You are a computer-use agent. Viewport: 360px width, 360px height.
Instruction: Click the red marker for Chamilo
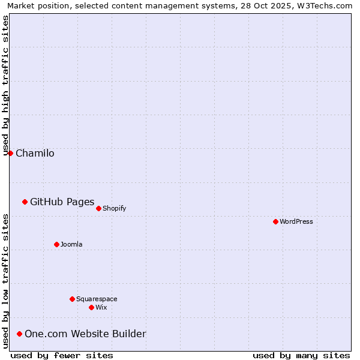tap(10, 153)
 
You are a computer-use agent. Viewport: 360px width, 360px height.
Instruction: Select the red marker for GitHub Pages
tap(25, 202)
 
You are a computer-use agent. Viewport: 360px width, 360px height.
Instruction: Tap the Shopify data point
tap(98, 208)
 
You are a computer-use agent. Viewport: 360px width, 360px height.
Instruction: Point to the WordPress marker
tap(275, 221)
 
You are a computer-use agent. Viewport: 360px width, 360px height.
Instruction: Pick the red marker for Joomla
tap(56, 244)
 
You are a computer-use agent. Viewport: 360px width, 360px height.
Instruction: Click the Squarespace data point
tap(72, 299)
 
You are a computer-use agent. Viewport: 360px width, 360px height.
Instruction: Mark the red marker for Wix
tap(91, 307)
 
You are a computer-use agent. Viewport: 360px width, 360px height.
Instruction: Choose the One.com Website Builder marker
tap(20, 334)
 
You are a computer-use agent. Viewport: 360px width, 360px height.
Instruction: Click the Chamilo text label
tap(35, 153)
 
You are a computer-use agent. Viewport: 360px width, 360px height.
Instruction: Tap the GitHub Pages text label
tap(62, 202)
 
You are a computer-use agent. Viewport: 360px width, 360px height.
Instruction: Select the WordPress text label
tap(296, 221)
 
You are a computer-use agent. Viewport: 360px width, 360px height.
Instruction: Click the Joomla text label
tap(71, 244)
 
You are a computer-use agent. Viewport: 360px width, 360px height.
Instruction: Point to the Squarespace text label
tap(97, 299)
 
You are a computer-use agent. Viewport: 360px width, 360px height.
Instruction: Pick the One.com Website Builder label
tap(85, 334)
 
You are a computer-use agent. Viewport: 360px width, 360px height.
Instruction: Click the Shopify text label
tap(114, 208)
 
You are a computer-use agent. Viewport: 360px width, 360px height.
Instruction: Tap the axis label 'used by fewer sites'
tap(62, 355)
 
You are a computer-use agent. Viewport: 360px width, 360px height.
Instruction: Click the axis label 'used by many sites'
tap(301, 355)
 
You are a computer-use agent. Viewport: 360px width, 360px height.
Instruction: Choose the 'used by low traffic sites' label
tap(6, 281)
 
